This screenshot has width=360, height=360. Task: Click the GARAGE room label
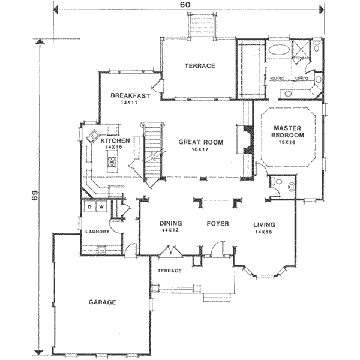click(102, 302)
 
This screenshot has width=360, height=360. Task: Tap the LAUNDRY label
click(97, 232)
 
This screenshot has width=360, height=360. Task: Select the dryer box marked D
click(90, 206)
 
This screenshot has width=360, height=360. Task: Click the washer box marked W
click(101, 206)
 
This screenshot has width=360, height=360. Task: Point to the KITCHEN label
click(115, 140)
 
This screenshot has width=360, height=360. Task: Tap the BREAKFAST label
click(130, 95)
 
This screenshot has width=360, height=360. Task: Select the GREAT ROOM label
click(201, 142)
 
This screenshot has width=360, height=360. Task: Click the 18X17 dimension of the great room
click(200, 149)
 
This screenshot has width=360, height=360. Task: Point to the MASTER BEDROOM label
click(287, 131)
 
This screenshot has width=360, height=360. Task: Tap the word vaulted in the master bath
click(277, 78)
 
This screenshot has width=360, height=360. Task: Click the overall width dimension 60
click(185, 5)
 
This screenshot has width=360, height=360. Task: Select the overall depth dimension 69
click(34, 195)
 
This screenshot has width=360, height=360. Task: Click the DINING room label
click(170, 223)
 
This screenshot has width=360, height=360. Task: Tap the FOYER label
click(218, 224)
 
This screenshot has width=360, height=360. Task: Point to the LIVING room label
click(264, 225)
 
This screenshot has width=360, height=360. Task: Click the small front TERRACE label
click(170, 271)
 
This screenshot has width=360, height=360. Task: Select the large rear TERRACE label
click(200, 66)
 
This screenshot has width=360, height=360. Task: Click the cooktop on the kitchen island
click(112, 161)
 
